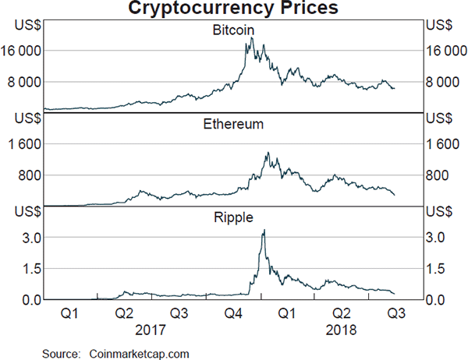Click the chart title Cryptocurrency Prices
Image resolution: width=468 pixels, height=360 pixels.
[233, 9]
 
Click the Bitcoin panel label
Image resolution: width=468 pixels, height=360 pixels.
[233, 30]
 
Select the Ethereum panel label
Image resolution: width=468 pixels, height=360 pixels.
[233, 124]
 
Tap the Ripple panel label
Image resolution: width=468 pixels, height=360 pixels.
[233, 217]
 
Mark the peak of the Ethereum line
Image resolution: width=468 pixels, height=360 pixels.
[268, 153]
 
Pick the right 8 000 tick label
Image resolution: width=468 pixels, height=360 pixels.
[443, 82]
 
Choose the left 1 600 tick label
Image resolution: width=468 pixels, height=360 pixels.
[27, 144]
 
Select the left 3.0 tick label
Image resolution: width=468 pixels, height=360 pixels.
[31, 237]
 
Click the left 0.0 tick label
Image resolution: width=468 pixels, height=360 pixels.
[31, 300]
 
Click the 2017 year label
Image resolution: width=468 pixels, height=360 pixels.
[150, 330]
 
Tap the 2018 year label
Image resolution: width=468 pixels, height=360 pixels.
[342, 330]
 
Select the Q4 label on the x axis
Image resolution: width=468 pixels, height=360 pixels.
[234, 314]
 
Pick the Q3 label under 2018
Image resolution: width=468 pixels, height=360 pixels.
[395, 314]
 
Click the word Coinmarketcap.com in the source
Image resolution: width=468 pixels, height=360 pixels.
[140, 352]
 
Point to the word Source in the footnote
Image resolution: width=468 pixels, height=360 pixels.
[61, 352]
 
